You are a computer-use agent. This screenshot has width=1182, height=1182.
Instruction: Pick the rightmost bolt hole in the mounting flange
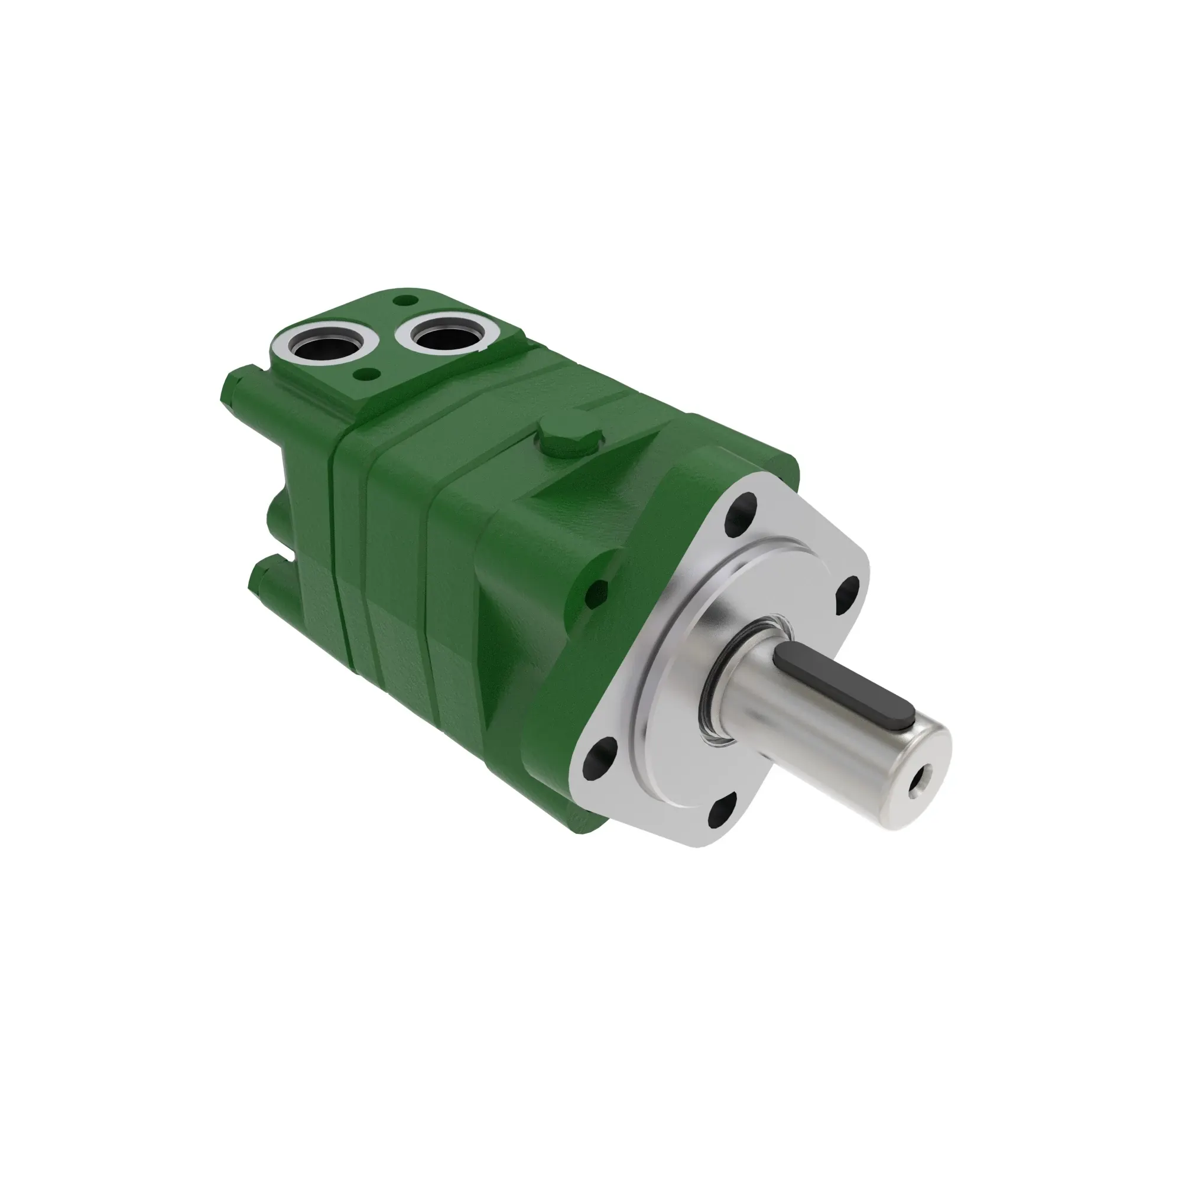pyautogui.click(x=849, y=592)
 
